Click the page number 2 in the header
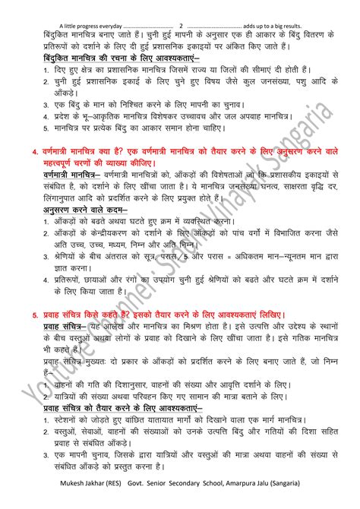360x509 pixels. [181, 5]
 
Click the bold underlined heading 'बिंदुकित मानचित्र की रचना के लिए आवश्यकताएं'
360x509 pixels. [121, 58]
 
